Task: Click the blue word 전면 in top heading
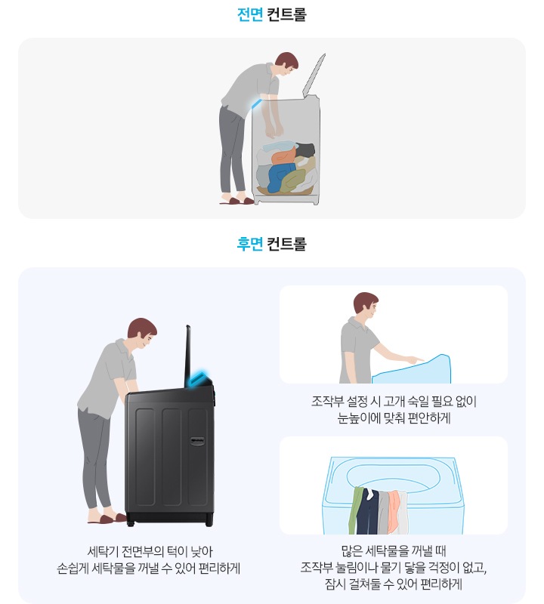coord(250,14)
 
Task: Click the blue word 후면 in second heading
coord(250,244)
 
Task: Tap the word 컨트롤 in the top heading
coord(286,14)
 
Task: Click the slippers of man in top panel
coord(238,200)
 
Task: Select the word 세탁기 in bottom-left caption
coord(104,550)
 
